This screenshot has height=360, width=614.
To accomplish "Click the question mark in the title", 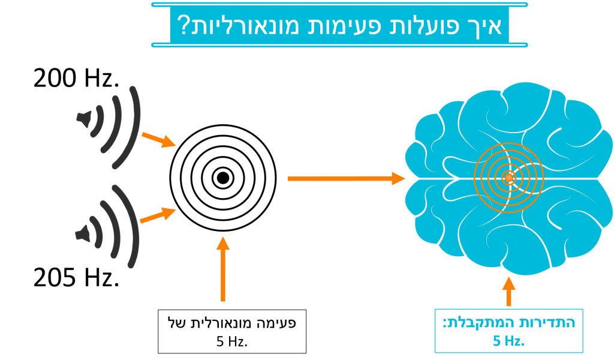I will pyautogui.click(x=182, y=25).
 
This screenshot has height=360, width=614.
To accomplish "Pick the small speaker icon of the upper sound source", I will pyautogui.click(x=85, y=118).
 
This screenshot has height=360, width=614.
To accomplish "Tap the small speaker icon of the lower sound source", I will pyautogui.click(x=83, y=233).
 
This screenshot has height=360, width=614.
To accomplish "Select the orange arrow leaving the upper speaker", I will pyautogui.click(x=158, y=140).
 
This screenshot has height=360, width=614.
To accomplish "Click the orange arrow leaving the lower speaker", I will pyautogui.click(x=158, y=215).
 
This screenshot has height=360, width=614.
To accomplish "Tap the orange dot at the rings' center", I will pyautogui.click(x=509, y=178).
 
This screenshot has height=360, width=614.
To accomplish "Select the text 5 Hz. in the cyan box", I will pyautogui.click(x=508, y=341).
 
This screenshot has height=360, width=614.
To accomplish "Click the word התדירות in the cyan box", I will pyautogui.click(x=549, y=323).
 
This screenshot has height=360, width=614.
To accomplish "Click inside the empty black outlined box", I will pyautogui.click(x=232, y=331).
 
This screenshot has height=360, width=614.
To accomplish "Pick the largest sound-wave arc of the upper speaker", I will pyautogui.click(x=136, y=128).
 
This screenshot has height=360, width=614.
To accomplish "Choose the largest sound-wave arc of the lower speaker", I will pyautogui.click(x=134, y=226).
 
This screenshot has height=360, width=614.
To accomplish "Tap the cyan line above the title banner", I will pyautogui.click(x=339, y=4).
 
